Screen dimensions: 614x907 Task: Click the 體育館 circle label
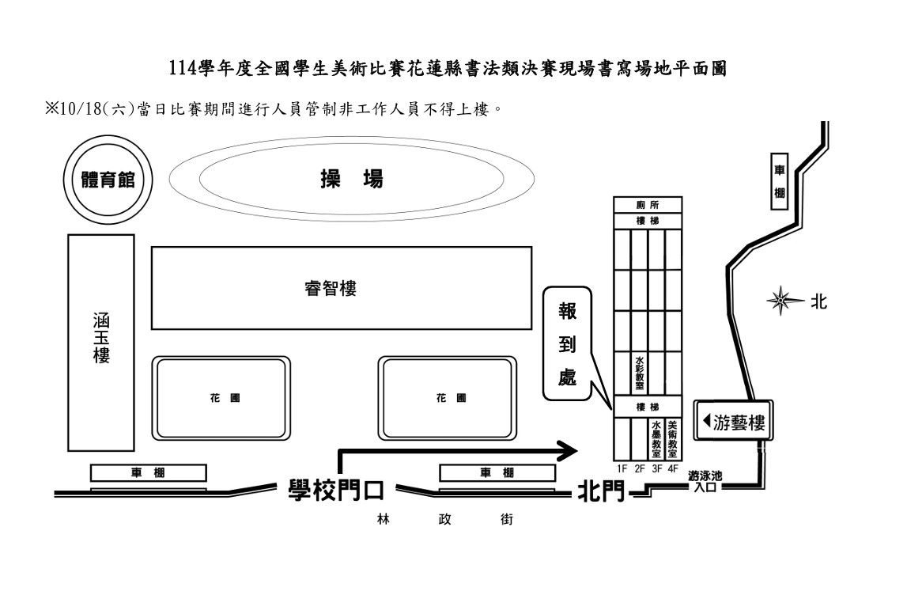tap(104, 179)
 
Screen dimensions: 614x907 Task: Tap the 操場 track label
tap(351, 179)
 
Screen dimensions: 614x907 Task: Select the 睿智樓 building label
tap(330, 288)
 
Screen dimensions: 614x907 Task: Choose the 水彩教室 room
tap(639, 372)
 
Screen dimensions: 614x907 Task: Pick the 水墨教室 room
tap(656, 438)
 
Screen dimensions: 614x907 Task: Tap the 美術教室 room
tap(672, 438)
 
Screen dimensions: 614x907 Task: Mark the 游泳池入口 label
tap(705, 481)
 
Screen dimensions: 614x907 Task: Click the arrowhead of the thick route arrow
tap(568, 451)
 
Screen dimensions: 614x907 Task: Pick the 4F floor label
tap(673, 468)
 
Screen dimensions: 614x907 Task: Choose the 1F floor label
tap(622, 468)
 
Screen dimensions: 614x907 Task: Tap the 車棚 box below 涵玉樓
tap(148, 473)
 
